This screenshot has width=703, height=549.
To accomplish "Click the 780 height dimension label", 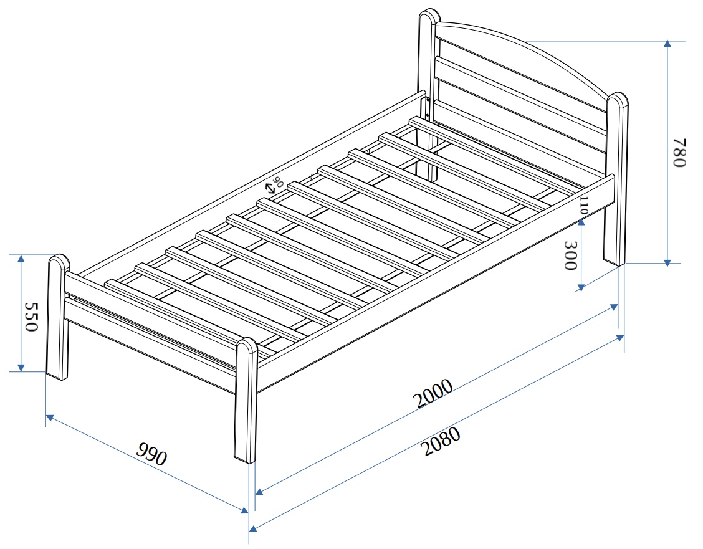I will point(679,153).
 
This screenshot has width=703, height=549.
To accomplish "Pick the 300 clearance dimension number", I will point(570,255).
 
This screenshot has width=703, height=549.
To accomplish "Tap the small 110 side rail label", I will point(583,205).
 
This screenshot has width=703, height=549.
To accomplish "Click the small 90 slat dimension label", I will point(278,183).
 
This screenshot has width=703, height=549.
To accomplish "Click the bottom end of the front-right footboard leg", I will point(245,460).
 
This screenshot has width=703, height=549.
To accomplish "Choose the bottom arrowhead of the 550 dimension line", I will point(21,368).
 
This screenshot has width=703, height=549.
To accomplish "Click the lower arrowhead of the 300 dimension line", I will point(580,287).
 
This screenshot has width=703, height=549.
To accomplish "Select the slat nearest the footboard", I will point(187,306).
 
